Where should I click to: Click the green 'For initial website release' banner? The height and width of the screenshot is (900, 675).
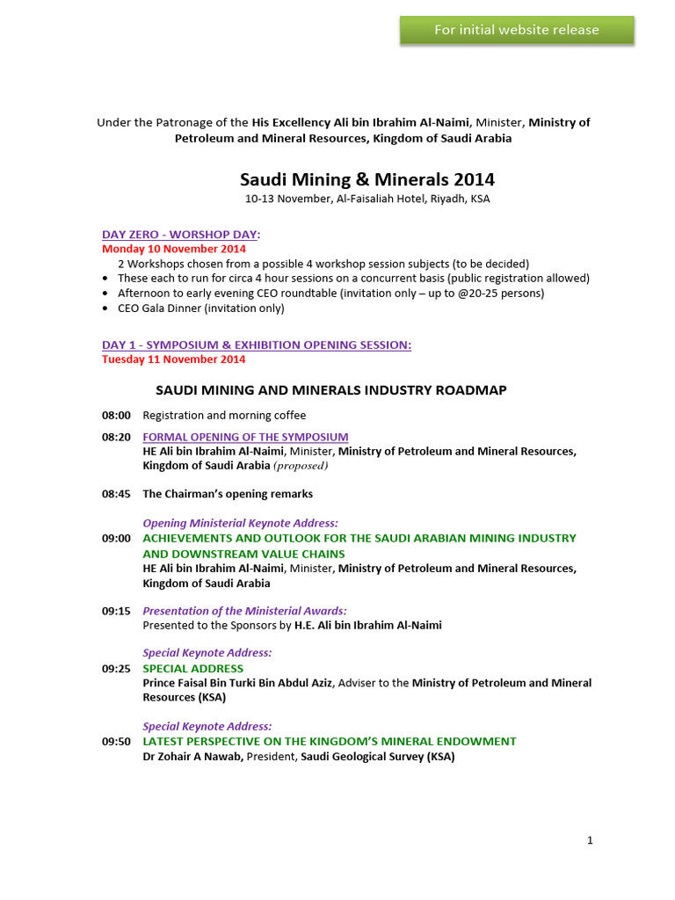[517, 30]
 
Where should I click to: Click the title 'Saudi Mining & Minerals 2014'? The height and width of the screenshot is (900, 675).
[367, 179]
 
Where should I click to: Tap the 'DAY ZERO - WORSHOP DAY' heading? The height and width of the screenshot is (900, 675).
[181, 235]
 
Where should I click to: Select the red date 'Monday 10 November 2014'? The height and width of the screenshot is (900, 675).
[173, 249]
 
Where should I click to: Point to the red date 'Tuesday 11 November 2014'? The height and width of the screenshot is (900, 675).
[173, 359]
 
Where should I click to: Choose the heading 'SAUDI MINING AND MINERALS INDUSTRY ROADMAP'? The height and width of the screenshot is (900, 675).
[331, 390]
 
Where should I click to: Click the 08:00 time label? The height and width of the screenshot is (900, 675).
[116, 416]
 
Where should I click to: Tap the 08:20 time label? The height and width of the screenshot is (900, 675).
[116, 437]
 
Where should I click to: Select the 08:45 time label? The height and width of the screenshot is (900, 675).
[116, 494]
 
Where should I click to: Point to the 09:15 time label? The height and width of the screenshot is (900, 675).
[116, 611]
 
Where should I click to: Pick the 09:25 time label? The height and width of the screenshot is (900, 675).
[116, 669]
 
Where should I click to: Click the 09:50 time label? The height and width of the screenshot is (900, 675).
[116, 742]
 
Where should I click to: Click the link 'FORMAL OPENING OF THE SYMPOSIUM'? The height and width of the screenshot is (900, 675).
[245, 437]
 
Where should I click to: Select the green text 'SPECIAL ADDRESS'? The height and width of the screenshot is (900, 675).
[193, 669]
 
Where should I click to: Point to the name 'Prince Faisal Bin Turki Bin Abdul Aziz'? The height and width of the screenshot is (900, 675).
[237, 683]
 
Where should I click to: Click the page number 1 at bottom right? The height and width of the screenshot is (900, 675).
[590, 840]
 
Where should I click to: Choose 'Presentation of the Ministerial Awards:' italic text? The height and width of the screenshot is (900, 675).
[244, 611]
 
